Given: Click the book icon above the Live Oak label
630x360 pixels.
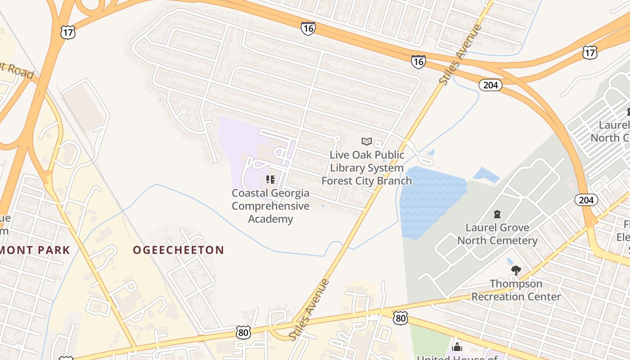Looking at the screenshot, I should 367,142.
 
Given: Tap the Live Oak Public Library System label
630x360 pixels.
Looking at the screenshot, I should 367,168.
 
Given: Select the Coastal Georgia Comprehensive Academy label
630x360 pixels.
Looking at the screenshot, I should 270,206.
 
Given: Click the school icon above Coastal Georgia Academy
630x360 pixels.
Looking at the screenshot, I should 270,180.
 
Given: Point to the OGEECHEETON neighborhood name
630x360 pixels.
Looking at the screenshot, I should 178,250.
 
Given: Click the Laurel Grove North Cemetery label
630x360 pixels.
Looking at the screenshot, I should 497,234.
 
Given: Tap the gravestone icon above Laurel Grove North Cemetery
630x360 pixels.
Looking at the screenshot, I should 497,214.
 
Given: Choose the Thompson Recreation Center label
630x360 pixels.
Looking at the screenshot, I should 516,290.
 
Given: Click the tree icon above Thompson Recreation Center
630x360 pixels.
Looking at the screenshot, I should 516,270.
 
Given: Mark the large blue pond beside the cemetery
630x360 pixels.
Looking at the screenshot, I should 430,200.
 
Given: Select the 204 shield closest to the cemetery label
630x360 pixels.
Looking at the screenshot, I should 586,200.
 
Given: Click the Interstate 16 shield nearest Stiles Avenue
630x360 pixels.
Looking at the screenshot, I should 418,61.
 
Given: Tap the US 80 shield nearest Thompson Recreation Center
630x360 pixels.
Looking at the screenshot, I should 400,318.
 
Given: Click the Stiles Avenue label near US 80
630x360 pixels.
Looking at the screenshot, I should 310,310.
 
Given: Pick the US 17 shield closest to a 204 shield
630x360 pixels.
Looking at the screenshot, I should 589,52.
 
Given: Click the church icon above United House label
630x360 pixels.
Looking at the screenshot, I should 457,347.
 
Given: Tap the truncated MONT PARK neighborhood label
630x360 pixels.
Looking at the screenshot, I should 35,250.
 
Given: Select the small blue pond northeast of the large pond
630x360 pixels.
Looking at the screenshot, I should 486,175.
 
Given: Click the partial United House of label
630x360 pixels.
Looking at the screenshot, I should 457,357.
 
